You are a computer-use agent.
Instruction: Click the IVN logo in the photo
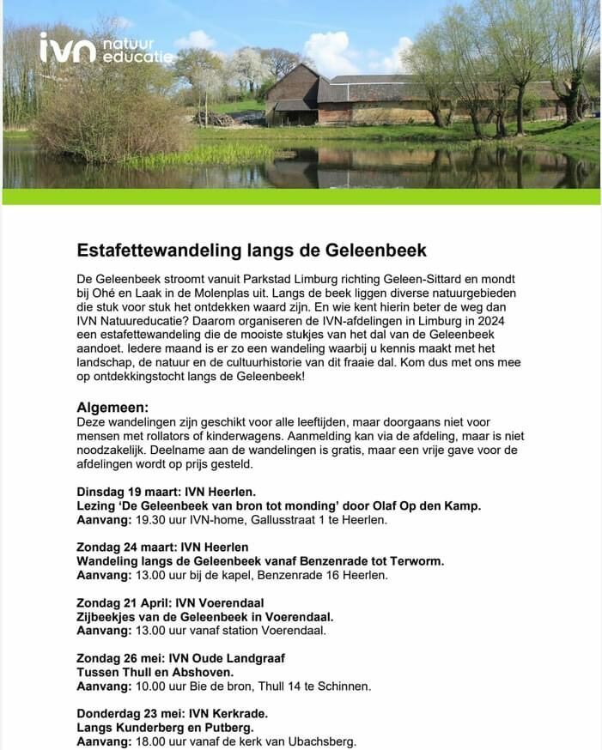click(x=106, y=48)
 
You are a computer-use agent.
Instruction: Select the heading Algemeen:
click(x=112, y=407)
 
